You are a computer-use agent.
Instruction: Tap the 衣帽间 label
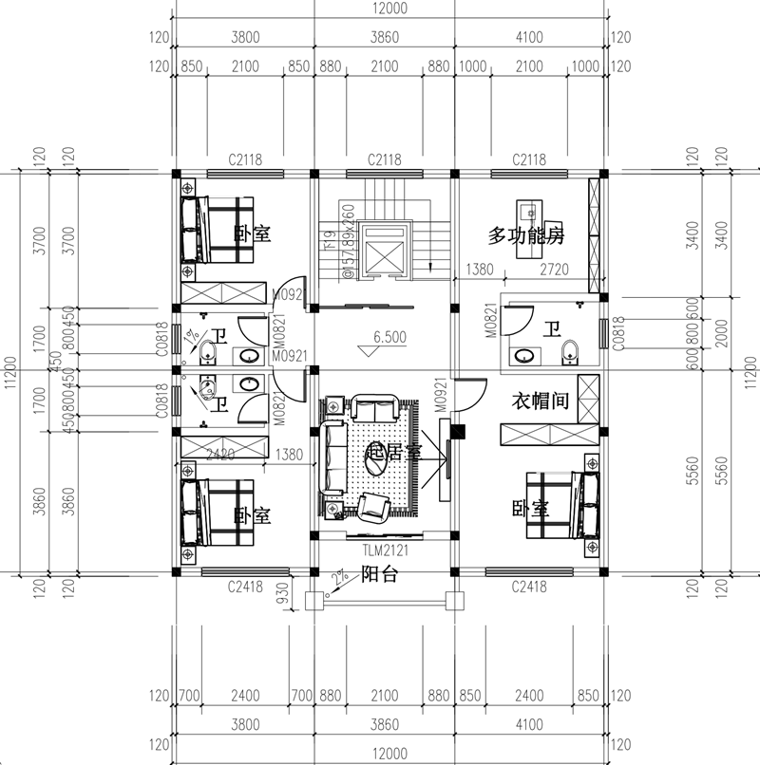[541, 401]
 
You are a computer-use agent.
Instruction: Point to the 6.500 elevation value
[390, 336]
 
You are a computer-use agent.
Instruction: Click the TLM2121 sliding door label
[384, 550]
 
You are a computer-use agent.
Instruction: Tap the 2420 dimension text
[219, 456]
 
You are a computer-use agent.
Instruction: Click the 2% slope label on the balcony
[339, 577]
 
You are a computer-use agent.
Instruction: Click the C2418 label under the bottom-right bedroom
[527, 587]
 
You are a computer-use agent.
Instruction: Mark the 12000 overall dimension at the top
[389, 9]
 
